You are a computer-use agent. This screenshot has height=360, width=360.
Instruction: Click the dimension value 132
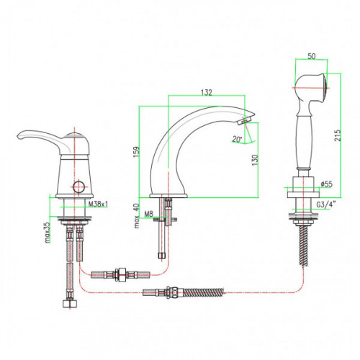207,92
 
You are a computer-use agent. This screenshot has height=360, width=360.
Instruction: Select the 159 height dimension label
136,152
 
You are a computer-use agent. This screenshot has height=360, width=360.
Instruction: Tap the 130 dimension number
255,160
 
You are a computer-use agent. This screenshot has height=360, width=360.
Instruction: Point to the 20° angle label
237,139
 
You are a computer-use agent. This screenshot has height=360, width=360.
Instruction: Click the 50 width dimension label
311,56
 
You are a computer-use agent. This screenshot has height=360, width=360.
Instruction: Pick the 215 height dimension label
338,135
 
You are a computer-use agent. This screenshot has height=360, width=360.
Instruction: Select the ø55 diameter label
326,184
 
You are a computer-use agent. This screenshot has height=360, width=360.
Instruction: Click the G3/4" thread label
325,204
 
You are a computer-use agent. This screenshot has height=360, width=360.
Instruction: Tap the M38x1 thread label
98,204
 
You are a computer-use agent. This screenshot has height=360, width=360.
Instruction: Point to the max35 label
48,232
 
